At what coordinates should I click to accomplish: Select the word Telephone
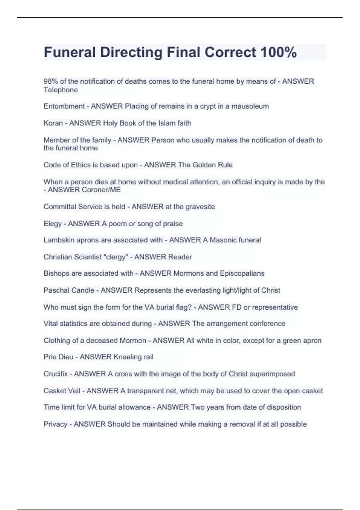click(61, 90)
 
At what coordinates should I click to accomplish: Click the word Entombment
click(64, 106)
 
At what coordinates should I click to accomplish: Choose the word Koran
click(53, 123)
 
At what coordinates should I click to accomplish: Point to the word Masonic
click(222, 240)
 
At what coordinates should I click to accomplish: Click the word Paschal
click(57, 290)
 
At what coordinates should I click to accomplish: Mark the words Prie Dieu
click(58, 357)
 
